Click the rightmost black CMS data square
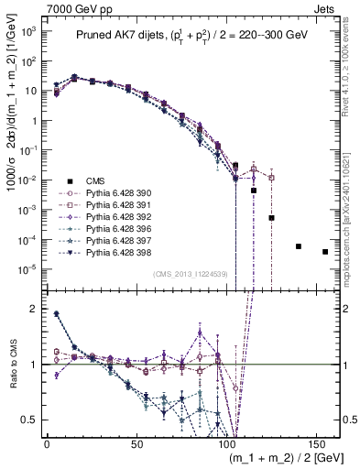(x=325, y=252)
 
